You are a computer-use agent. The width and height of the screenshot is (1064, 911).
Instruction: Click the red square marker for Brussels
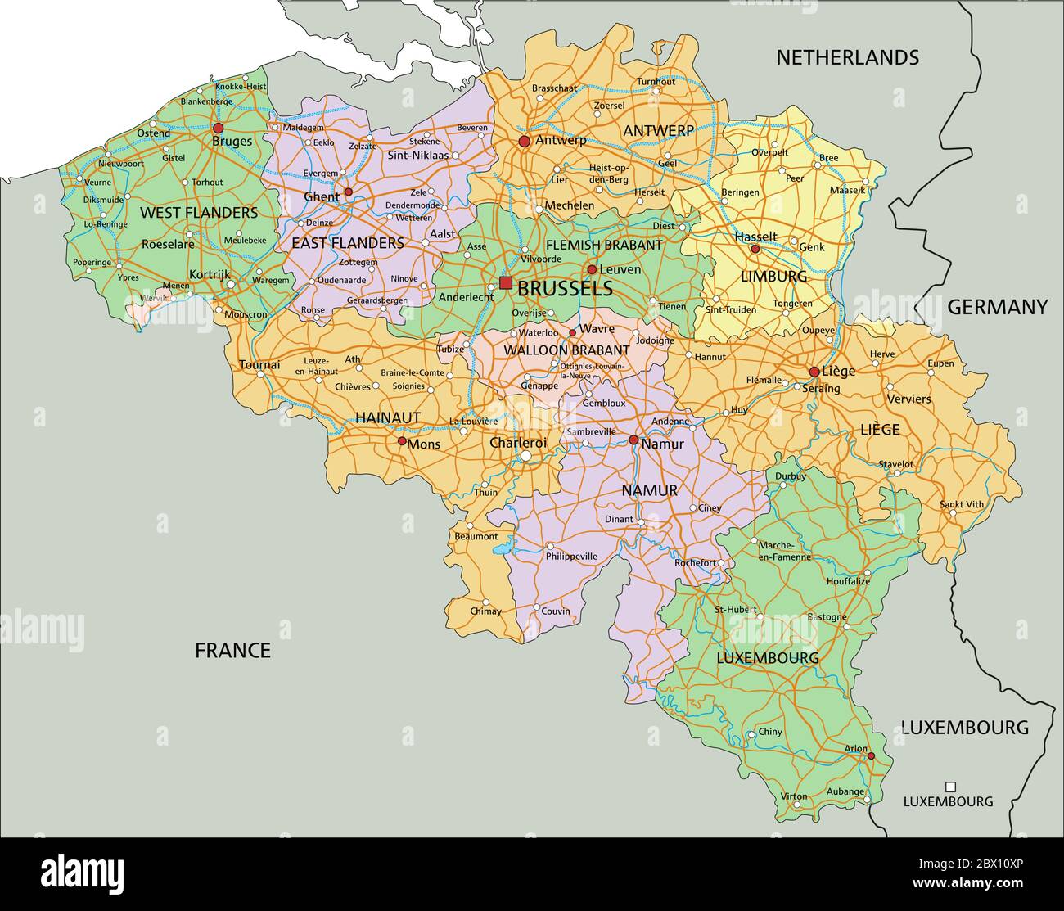coord(506,283)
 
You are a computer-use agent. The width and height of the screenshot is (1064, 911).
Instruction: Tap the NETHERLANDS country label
coord(847,57)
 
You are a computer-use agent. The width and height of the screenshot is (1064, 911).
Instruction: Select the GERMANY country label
coord(997,307)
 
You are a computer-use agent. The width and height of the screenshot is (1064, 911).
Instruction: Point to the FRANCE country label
coord(232,651)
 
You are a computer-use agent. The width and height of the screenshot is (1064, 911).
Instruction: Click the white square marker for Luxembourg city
coord(950,784)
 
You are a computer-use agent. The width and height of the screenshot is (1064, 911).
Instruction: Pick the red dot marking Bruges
coord(218,129)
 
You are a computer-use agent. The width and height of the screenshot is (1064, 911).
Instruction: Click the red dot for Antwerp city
coord(525,142)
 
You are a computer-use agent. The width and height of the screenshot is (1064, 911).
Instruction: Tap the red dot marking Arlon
coord(872,755)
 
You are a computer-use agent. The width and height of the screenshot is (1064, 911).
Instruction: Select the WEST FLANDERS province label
coord(199,213)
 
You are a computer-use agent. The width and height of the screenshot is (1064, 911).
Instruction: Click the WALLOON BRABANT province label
coord(566,350)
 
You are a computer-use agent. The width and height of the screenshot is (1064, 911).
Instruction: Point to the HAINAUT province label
coord(388,417)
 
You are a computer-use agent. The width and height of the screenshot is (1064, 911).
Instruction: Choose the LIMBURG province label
coord(773,276)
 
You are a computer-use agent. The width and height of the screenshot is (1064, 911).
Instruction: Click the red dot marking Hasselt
coord(755,249)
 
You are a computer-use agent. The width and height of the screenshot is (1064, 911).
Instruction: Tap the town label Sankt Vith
coord(961,505)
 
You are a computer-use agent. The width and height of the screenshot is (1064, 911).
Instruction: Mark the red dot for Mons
coord(402,440)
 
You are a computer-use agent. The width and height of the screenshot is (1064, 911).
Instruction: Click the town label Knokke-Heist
coord(241,87)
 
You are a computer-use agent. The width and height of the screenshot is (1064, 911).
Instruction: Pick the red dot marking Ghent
coord(348,192)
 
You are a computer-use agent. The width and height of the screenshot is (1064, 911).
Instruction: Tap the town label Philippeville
coord(571,557)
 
